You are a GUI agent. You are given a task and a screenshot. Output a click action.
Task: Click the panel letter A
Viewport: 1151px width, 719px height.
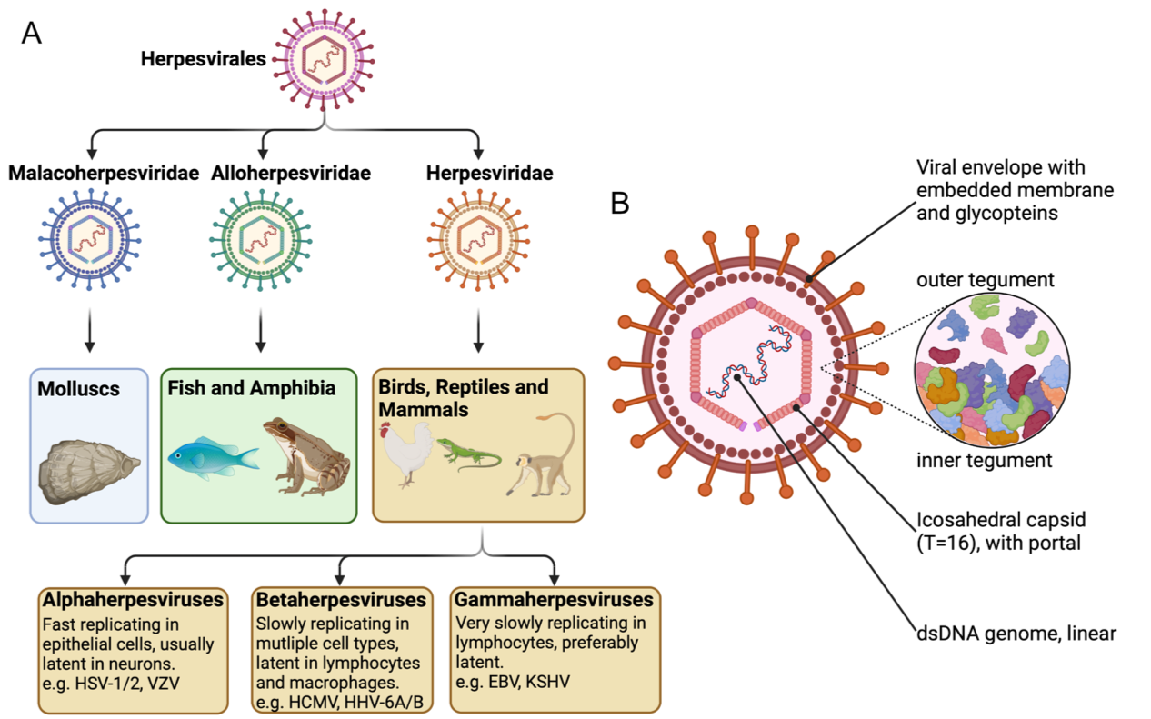tap(32, 34)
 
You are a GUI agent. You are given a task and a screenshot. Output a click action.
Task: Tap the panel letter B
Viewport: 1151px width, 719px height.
tap(620, 203)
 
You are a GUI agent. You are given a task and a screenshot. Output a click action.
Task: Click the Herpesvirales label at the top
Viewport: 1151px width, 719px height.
tap(203, 60)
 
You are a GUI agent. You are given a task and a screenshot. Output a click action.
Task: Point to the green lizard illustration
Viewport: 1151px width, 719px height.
tap(469, 452)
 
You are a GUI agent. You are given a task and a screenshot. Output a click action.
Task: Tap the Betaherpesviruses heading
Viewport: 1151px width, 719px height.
tap(341, 601)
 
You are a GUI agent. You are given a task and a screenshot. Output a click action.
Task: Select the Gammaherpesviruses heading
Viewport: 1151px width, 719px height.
tap(555, 601)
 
